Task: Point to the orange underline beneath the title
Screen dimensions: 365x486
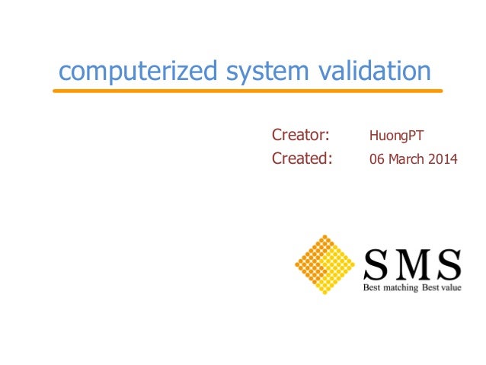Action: pyautogui.click(x=247, y=91)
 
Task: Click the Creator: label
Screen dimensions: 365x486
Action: pyautogui.click(x=300, y=136)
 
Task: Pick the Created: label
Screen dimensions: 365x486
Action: pyautogui.click(x=302, y=159)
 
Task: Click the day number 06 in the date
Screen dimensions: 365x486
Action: pyautogui.click(x=376, y=160)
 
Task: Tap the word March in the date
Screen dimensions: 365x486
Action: pyautogui.click(x=405, y=160)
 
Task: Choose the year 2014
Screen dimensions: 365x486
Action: pyautogui.click(x=443, y=160)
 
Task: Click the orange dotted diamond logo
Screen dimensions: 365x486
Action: pyautogui.click(x=325, y=265)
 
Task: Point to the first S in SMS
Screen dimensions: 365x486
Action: pyautogui.click(x=376, y=265)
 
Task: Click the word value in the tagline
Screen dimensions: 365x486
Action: pyautogui.click(x=448, y=289)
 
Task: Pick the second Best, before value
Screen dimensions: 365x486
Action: pyautogui.click(x=427, y=289)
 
